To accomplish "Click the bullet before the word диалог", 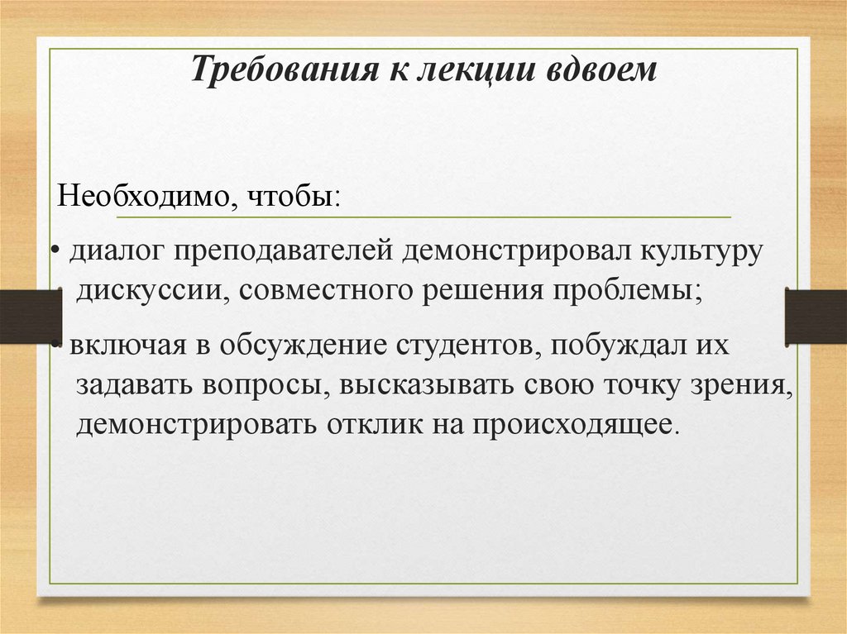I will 54,251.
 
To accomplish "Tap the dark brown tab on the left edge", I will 31,317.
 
